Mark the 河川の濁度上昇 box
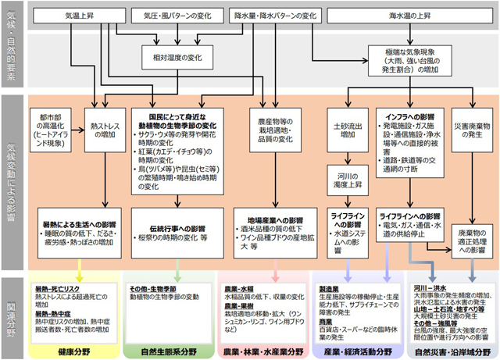click(344, 184)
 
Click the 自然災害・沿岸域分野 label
click(453, 351)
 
